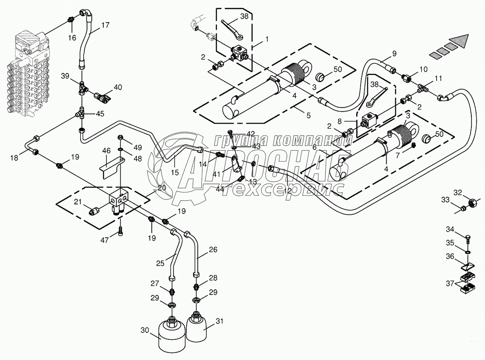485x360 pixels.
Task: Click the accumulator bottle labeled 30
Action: (x=171, y=334)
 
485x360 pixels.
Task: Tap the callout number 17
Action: (x=105, y=25)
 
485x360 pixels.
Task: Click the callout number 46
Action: (x=106, y=151)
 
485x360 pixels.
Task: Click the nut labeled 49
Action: (x=120, y=137)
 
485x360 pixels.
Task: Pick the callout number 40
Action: (x=118, y=87)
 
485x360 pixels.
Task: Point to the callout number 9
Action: (x=394, y=53)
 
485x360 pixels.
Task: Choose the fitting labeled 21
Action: (x=94, y=211)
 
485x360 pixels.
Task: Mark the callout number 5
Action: (x=309, y=115)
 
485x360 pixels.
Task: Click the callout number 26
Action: (x=213, y=249)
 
